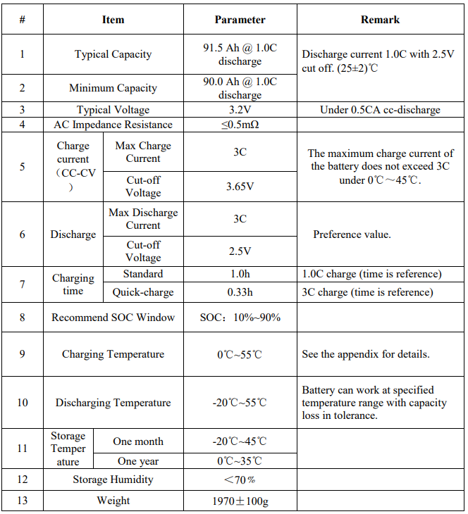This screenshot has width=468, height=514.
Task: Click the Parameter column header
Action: pos(240,20)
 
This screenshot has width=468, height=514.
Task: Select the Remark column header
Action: pos(380,20)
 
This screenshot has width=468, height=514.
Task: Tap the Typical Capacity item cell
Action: pos(113,54)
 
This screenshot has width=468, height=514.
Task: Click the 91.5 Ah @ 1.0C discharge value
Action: pos(240,54)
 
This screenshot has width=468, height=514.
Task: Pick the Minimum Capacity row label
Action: pos(113,88)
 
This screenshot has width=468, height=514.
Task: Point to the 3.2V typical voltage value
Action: pos(240,110)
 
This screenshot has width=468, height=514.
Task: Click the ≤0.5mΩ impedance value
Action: pos(240,125)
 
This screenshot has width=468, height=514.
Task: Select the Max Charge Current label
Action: pos(143,152)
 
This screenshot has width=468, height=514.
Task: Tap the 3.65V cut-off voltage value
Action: pos(240,187)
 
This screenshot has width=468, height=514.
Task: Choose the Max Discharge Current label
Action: pos(143,219)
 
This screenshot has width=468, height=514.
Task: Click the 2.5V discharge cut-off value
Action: pos(240,251)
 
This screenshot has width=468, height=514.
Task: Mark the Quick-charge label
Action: pos(143,292)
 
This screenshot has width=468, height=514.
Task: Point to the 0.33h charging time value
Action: pos(240,292)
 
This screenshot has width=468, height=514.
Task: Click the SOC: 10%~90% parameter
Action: pos(240,318)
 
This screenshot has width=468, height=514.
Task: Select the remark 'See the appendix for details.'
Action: pos(365,354)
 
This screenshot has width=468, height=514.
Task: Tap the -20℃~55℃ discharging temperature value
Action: pos(240,403)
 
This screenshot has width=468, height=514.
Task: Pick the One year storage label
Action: pos(138,461)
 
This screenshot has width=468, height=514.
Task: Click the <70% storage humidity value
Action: pos(240,479)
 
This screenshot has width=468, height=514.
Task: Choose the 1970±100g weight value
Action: pos(240,501)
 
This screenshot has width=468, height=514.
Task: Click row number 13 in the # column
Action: pos(22,501)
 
